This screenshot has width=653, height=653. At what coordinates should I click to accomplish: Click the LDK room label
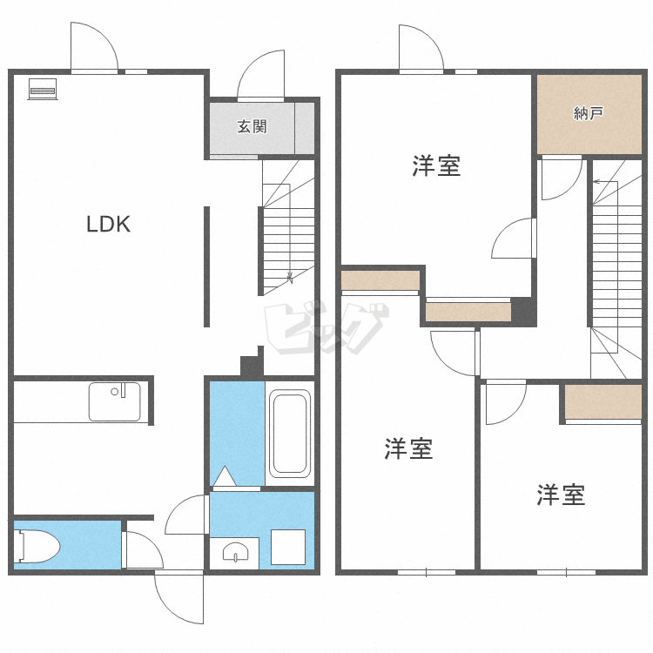click(x=108, y=225)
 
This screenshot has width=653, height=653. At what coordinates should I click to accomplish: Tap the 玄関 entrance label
click(x=252, y=127)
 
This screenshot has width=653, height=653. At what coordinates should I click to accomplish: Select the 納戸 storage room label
click(x=589, y=113)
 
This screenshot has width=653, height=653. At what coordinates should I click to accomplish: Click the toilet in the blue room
click(x=37, y=547)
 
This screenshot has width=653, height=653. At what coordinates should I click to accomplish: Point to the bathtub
click(x=290, y=433)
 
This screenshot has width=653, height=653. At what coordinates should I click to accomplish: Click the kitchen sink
click(x=114, y=401)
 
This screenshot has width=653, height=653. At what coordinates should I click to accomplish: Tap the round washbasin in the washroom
click(x=235, y=551)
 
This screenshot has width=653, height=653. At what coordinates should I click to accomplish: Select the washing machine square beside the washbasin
click(x=287, y=546)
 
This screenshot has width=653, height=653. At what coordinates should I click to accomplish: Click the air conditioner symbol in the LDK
click(x=43, y=89)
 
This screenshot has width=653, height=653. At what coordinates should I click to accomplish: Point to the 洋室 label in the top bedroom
click(x=436, y=165)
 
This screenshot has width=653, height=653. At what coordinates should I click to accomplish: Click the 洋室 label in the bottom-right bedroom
click(x=560, y=495)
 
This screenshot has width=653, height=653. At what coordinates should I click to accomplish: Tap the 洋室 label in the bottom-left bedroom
click(x=409, y=449)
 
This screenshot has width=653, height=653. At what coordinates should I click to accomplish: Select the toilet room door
click(x=141, y=550)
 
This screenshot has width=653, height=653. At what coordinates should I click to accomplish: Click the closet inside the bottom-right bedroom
click(x=603, y=401)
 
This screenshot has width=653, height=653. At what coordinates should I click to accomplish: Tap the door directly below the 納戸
click(x=559, y=177)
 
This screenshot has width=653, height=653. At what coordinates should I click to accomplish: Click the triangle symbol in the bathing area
click(x=224, y=476)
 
